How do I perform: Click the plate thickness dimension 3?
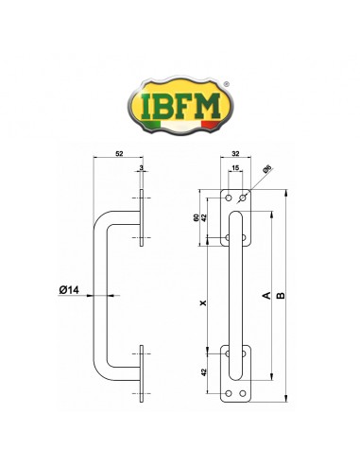[x=141, y=168]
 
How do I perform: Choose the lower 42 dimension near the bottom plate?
[x=204, y=371]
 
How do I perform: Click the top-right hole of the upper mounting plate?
[x=244, y=198]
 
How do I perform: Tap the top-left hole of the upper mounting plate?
[x=228, y=198]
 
